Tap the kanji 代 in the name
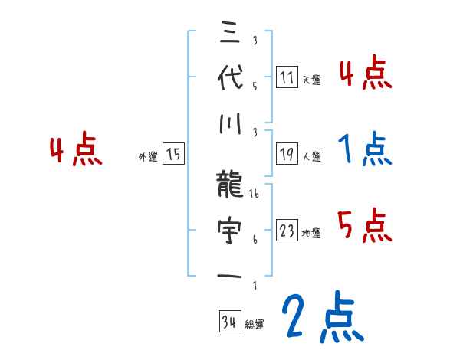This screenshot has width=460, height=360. pyautogui.click(x=231, y=77)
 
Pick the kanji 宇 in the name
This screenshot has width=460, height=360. pyautogui.click(x=231, y=230)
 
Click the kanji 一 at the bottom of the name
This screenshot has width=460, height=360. pyautogui.click(x=231, y=275)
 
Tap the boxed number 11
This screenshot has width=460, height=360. pyautogui.click(x=287, y=77)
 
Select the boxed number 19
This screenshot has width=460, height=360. pyautogui.click(x=287, y=154)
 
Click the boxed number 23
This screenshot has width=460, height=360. pyautogui.click(x=287, y=231)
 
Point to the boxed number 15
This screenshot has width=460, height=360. pyautogui.click(x=173, y=154)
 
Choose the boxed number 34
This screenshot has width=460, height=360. pyautogui.click(x=228, y=321)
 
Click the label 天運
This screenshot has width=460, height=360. pyautogui.click(x=311, y=80)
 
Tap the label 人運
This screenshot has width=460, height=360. pyautogui.click(x=311, y=156)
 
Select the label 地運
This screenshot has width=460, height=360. pyautogui.click(x=311, y=233)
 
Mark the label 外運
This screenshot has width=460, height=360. pyautogui.click(x=147, y=156)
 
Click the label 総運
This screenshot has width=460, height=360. pyautogui.click(x=255, y=323)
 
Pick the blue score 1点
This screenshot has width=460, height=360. pyautogui.click(x=365, y=150)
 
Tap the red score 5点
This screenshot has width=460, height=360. pyautogui.click(x=365, y=225)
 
